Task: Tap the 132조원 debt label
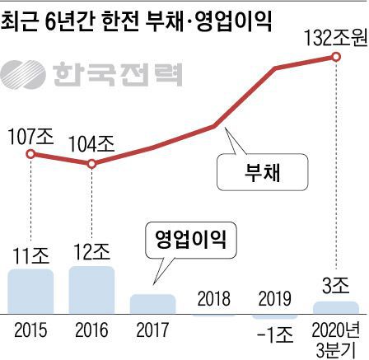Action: [334, 37]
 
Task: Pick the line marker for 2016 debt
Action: [91, 164]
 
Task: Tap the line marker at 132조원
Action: [336, 56]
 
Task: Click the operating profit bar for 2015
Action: [30, 289]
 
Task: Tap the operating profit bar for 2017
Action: [153, 302]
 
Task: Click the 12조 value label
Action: [91, 250]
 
